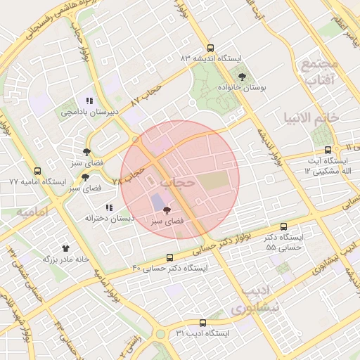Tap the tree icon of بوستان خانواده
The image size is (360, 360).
(243, 77)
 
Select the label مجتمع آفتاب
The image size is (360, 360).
(320, 72)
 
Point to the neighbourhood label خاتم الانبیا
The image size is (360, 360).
(311, 117)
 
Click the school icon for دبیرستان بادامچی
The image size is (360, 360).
(89, 101)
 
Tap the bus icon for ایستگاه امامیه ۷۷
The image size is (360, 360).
(37, 171)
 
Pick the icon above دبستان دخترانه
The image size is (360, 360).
(108, 207)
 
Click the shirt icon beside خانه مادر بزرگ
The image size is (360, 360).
(66, 248)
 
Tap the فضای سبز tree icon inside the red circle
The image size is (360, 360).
(167, 210)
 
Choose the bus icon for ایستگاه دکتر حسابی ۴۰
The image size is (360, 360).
(169, 257)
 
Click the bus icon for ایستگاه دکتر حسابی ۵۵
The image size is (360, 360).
(284, 227)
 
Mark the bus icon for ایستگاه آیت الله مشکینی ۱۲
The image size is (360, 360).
(328, 150)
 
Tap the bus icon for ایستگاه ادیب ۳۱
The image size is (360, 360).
(202, 321)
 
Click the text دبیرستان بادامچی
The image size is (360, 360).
(89, 112)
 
